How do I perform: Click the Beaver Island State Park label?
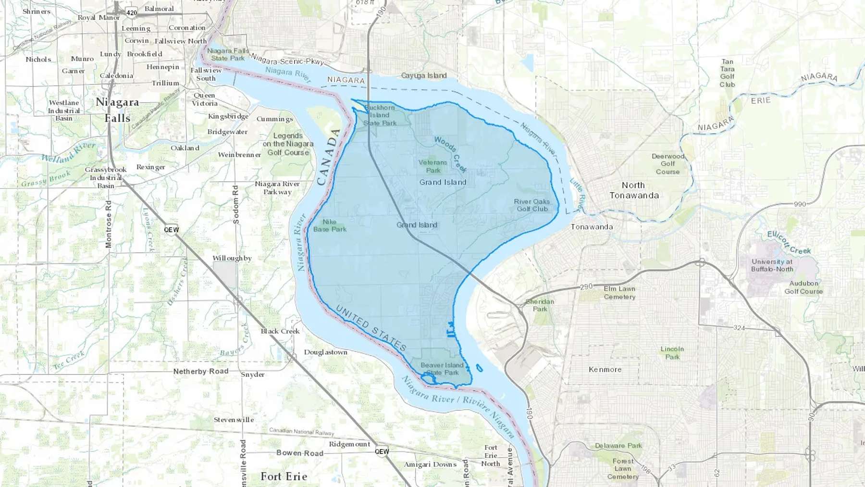coord(442,369)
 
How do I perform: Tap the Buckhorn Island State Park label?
coord(380,115)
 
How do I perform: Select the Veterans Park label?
coord(432,166)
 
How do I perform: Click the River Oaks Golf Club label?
coord(532,205)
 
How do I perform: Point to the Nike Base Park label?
coord(330,225)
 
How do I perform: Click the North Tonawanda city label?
coord(634,190)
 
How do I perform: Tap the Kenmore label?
coord(605,370)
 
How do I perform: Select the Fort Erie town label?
coord(284,476)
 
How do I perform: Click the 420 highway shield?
coord(132,12)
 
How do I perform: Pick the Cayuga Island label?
coord(424,75)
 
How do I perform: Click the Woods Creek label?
coord(450,154)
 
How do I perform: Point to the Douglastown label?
coord(325,352)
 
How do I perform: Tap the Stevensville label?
coord(234,420)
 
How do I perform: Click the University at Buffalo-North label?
coord(772,265)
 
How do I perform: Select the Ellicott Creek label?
coord(789,243)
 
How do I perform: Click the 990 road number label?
coord(800,204)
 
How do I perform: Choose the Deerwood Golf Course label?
coord(668,164)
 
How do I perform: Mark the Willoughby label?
coord(232,258)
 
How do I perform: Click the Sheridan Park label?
coord(540,305)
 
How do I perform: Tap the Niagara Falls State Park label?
coord(228,54)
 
